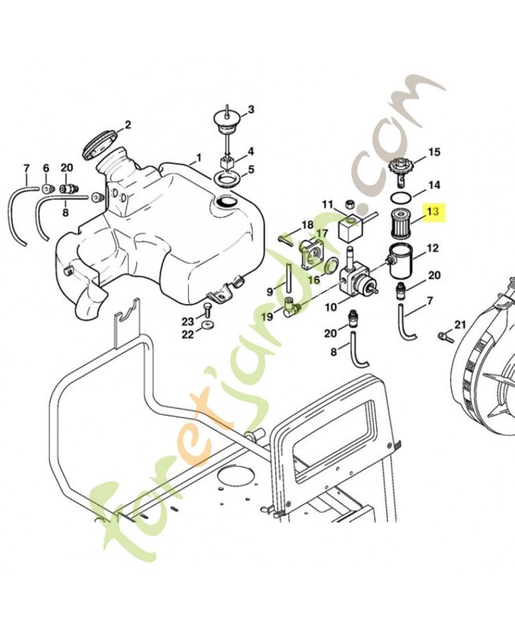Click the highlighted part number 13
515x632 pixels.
click(x=433, y=212)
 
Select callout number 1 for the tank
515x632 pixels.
click(x=199, y=157)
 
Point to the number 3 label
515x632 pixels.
click(x=250, y=109)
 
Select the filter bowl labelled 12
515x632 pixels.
click(x=400, y=261)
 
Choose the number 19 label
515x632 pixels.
click(x=268, y=317)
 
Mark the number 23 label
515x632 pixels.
click(x=186, y=321)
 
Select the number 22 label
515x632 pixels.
click(x=186, y=334)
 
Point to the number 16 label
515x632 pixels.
click(x=314, y=279)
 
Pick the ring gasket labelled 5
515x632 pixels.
click(x=227, y=179)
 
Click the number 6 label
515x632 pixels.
click(x=46, y=167)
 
